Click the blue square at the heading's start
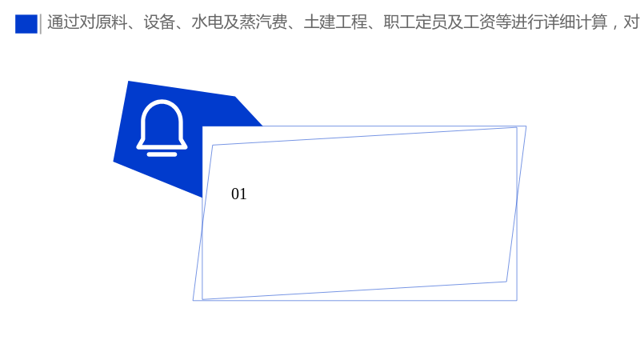click(x=26, y=24)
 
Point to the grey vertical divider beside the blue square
click(x=41, y=24)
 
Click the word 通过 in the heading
click(x=63, y=22)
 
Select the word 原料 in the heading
click(x=111, y=22)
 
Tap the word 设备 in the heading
click(x=159, y=22)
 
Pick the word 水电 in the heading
click(x=207, y=22)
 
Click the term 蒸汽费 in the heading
click(x=263, y=22)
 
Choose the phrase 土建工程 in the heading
click(x=335, y=22)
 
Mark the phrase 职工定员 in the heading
click(x=415, y=22)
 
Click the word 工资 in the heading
click(x=479, y=22)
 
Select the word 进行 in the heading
click(x=527, y=22)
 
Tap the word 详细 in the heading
click(x=559, y=22)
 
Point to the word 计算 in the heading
click(x=591, y=22)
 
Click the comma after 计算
click(x=614, y=27)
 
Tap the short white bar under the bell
click(x=162, y=154)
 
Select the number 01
click(x=238, y=194)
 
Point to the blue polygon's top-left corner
click(x=128, y=82)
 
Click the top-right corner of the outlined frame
click(x=526, y=126)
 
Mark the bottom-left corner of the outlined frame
click(x=193, y=301)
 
